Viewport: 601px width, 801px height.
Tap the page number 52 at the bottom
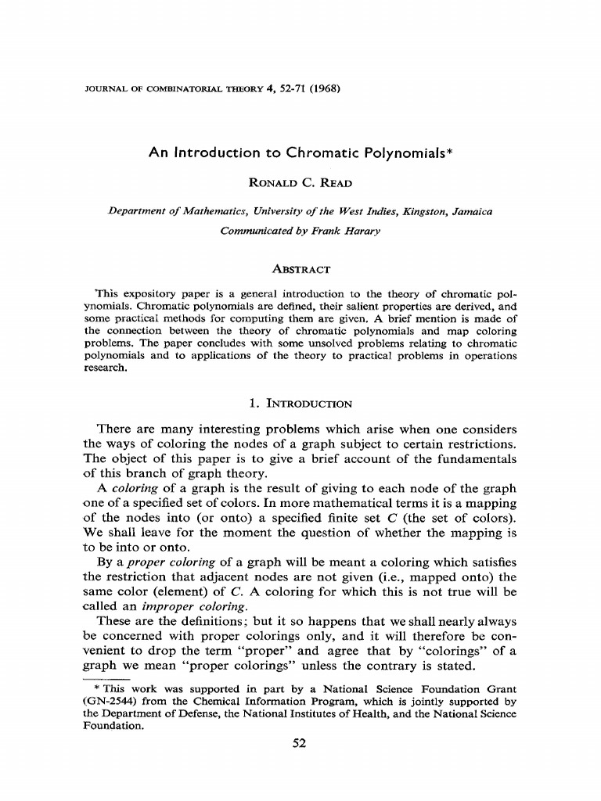coord(300,744)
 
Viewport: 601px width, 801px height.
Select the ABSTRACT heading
coord(300,269)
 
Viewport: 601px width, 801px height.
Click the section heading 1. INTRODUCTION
coord(300,404)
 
